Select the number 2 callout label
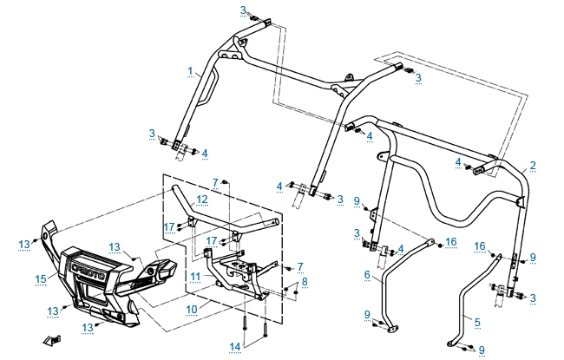533,165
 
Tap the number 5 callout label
476,320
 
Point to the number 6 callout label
367,274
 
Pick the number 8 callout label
304,281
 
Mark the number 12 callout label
200,200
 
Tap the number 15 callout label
39,278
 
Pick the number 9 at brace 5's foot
482,350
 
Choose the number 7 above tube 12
214,182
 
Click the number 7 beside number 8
300,265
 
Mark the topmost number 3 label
244,10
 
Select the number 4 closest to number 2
457,162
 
